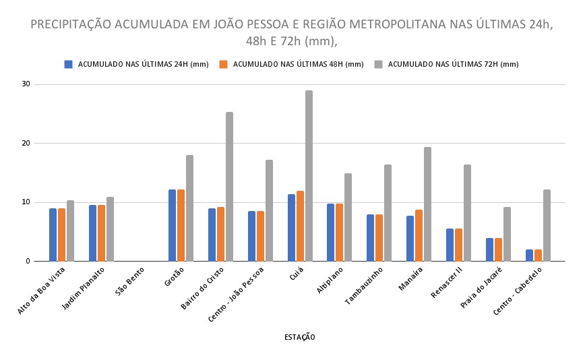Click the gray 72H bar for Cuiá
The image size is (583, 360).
(309, 176)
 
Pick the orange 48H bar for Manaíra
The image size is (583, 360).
(419, 235)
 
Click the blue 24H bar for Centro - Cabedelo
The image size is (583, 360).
(529, 256)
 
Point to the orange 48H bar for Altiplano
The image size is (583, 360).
(340, 233)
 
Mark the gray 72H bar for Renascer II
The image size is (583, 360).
(467, 213)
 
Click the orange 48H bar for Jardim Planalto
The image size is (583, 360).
(101, 233)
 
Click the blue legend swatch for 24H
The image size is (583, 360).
(68, 64)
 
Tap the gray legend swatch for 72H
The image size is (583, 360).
(379, 64)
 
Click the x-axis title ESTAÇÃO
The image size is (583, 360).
(299, 337)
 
